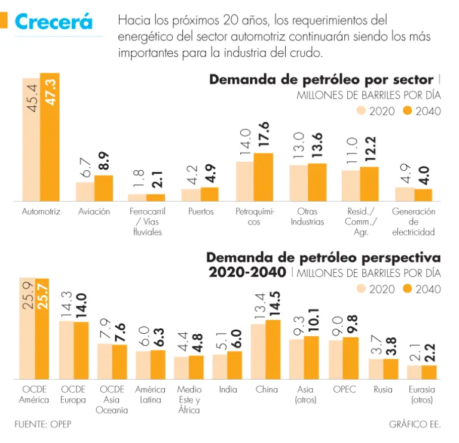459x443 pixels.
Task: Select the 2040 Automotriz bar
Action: point(50,137)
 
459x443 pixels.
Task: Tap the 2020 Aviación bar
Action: point(85,192)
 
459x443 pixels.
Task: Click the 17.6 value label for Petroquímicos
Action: point(264,134)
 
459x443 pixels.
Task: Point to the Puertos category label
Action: point(201,212)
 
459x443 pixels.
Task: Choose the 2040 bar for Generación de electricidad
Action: point(423,195)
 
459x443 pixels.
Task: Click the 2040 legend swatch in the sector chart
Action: point(408,110)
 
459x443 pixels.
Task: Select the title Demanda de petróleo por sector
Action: point(322,80)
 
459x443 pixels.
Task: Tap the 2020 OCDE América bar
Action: point(27,328)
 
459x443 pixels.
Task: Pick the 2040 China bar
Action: point(273,349)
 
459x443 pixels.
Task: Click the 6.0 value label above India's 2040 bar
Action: point(235,340)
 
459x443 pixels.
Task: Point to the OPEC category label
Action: point(344,389)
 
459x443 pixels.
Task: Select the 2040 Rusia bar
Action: point(390,368)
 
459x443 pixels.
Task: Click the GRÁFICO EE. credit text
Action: point(415,424)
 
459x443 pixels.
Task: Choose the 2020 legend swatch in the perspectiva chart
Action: point(362,288)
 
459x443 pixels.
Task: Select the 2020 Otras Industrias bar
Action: point(299,183)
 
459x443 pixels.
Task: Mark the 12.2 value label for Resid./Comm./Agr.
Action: point(370,149)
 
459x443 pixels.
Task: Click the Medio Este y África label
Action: point(189,399)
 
